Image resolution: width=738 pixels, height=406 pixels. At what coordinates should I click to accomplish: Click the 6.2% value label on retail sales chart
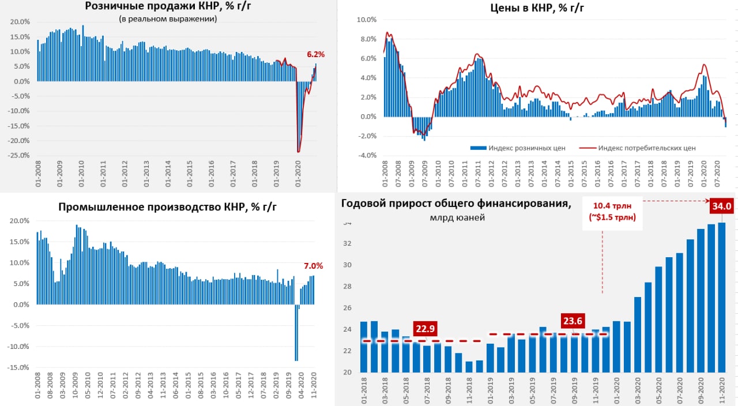(315, 55)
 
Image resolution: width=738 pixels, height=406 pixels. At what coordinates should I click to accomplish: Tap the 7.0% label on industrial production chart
(313, 266)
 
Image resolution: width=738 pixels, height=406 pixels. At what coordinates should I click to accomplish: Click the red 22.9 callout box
(425, 329)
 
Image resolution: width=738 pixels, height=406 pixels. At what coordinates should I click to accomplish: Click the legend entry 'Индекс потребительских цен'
(646, 148)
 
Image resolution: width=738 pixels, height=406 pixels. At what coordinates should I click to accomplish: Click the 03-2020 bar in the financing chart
(638, 334)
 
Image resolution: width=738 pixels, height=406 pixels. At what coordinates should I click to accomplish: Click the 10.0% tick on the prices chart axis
(367, 20)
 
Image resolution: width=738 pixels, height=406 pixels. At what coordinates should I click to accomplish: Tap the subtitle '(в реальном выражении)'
(168, 19)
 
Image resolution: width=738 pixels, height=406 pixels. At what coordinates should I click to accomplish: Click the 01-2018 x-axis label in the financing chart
(364, 390)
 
